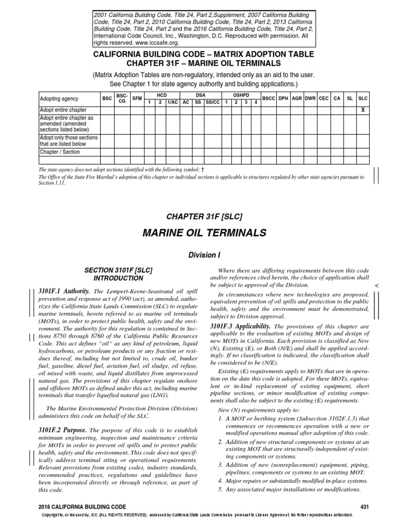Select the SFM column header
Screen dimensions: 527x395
click(137, 98)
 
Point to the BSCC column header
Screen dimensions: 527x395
click(268, 98)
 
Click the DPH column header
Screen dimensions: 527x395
click(283, 98)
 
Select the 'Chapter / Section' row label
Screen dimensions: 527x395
click(58, 152)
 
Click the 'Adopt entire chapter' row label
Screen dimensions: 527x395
click(63, 110)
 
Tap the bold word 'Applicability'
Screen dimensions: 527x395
click(251, 326)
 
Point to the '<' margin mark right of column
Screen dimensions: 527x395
click(376, 285)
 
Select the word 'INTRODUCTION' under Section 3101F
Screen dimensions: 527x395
click(119, 278)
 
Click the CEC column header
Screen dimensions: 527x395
click(323, 98)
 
